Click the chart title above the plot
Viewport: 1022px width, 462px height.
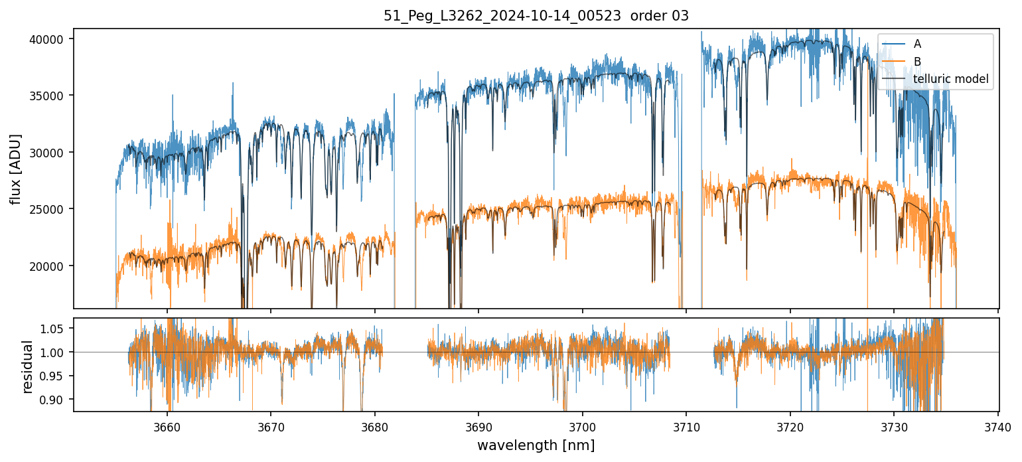[x=536, y=16]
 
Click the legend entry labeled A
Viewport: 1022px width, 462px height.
[x=917, y=44]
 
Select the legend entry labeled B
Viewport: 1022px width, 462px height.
[x=917, y=62]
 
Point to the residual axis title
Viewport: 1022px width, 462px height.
[x=28, y=366]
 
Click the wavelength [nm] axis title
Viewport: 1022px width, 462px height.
[x=536, y=445]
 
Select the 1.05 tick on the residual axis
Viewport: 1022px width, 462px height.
[x=52, y=329]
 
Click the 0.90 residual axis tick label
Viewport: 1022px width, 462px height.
[x=52, y=400]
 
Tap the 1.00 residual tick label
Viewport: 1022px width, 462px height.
[x=52, y=352]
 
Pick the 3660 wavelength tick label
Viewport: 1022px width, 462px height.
[x=167, y=426]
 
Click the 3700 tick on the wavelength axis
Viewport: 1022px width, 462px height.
[x=583, y=426]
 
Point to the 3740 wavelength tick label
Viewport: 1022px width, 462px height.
[x=998, y=426]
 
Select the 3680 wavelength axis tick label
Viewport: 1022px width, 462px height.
[x=375, y=426]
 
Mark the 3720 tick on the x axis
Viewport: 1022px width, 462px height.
[x=790, y=426]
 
